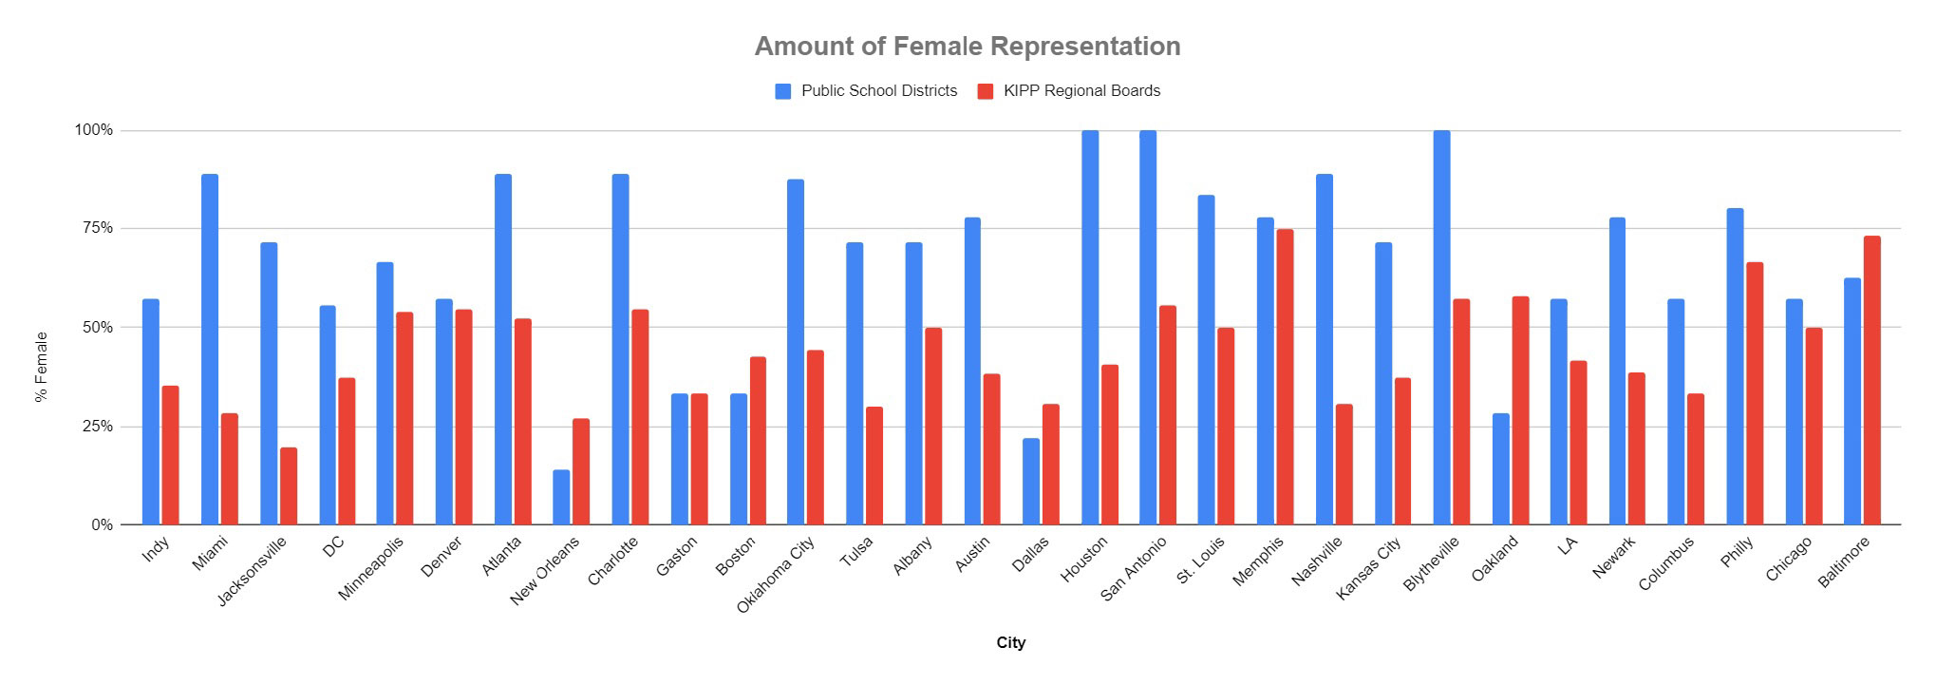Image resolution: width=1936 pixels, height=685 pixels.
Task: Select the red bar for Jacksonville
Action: (289, 485)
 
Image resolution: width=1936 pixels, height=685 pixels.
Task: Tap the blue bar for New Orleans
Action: (561, 497)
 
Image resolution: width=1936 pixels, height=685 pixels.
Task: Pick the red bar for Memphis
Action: (1285, 376)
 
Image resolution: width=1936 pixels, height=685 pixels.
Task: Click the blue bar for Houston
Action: (1090, 328)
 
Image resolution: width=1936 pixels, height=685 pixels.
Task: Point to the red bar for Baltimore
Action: (1871, 380)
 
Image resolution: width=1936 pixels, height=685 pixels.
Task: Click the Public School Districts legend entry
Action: (866, 91)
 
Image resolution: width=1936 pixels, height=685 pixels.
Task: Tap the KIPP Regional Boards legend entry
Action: (1069, 91)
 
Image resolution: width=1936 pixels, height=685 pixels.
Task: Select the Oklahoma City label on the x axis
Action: (778, 575)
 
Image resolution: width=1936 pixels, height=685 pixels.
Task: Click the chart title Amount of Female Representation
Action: (967, 46)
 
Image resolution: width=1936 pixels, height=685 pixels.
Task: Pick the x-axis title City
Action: (1010, 642)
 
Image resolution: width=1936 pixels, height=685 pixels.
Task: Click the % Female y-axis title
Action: (41, 367)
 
